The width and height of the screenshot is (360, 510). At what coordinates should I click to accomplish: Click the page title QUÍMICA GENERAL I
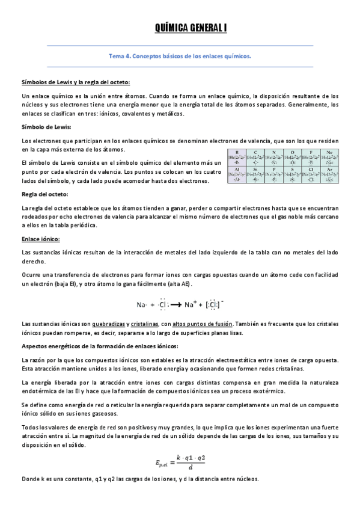pyautogui.click(x=179, y=28)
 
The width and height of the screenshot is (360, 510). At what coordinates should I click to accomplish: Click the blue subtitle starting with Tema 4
pyautogui.click(x=179, y=56)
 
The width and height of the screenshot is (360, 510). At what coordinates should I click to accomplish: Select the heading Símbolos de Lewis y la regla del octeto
pyautogui.click(x=75, y=82)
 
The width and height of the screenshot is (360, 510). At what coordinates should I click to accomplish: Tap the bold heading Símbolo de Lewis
pyautogui.click(x=46, y=127)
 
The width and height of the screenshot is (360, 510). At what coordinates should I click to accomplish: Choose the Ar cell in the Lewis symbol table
pyautogui.click(x=328, y=175)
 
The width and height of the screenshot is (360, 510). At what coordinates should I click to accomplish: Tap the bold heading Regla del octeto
pyautogui.click(x=44, y=194)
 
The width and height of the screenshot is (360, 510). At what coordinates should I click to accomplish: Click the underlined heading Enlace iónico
pyautogui.click(x=40, y=239)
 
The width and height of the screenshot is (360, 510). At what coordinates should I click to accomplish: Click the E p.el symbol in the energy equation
pyautogui.click(x=163, y=462)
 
